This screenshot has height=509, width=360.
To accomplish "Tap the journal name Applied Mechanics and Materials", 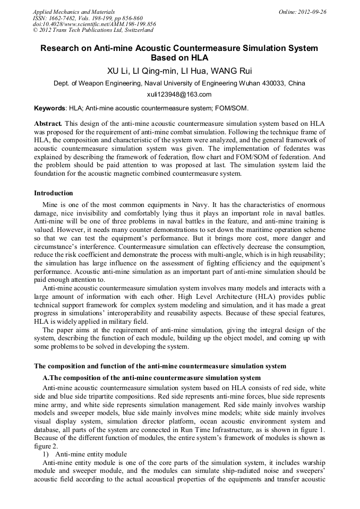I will [74, 12].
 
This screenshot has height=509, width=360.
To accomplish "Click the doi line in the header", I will [95, 24].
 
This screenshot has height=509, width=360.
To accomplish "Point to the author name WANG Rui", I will [229, 71].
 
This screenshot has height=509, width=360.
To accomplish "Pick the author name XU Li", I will [118, 71].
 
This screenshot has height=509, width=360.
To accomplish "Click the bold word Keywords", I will [49, 108].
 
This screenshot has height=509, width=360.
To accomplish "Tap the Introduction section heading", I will [53, 193].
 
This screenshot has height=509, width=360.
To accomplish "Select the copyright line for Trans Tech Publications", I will [93, 31].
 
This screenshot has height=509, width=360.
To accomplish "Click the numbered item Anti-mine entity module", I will [91, 454].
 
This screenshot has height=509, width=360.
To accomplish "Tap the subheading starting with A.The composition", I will [151, 378].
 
